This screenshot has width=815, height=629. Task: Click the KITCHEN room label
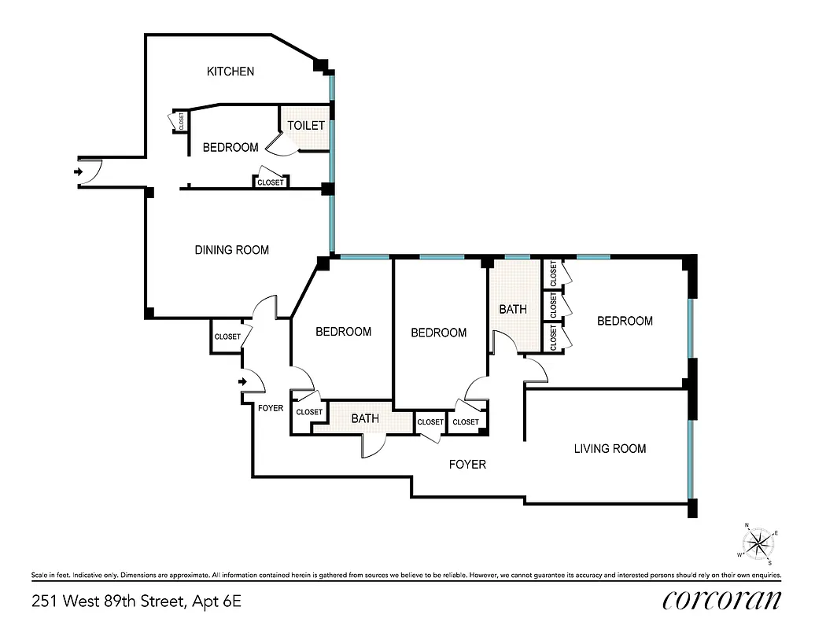pyautogui.click(x=230, y=72)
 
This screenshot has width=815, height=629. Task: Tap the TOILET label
pyautogui.click(x=305, y=126)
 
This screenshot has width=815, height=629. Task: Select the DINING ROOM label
pyautogui.click(x=231, y=250)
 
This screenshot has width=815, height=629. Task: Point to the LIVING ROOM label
pyautogui.click(x=610, y=449)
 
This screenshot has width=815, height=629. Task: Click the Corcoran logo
pyautogui.click(x=722, y=601)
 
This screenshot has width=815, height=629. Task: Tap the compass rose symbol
pyautogui.click(x=759, y=543)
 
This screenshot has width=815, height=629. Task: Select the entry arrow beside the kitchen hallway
pyautogui.click(x=78, y=171)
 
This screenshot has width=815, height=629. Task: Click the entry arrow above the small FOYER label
pyautogui.click(x=244, y=382)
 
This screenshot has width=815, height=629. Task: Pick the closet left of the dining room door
pyautogui.click(x=227, y=337)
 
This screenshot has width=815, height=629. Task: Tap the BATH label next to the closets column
pyautogui.click(x=513, y=310)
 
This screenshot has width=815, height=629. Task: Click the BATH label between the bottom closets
pyautogui.click(x=365, y=419)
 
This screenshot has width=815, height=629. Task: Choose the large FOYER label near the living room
pyautogui.click(x=467, y=465)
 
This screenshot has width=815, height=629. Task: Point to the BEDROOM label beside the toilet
pyautogui.click(x=230, y=148)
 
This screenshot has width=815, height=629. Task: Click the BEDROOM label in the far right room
pyautogui.click(x=625, y=321)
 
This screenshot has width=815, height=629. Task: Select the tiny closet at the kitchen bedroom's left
pyautogui.click(x=181, y=122)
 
